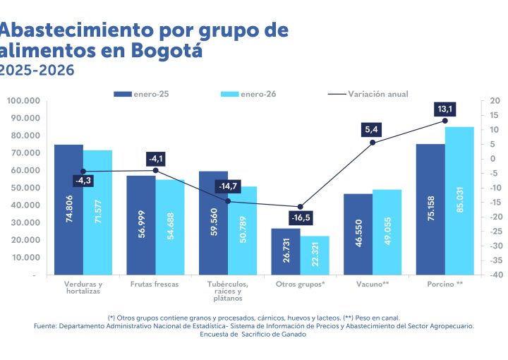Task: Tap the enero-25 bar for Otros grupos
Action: [x=286, y=251]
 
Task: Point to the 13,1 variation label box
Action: [x=445, y=109]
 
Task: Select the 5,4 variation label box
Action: [x=373, y=130]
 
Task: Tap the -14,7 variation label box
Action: [x=228, y=186]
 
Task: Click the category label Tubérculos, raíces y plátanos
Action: [x=228, y=291]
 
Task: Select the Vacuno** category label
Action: [x=373, y=284]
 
